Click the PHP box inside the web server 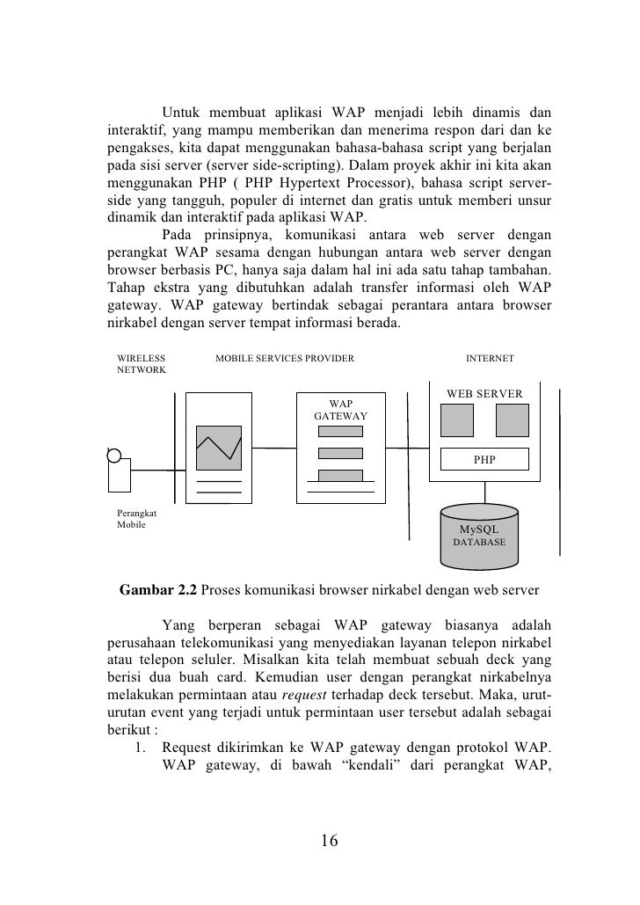[x=484, y=459]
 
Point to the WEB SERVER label [x=484, y=393]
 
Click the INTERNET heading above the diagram [x=490, y=358]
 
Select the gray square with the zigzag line [x=219, y=449]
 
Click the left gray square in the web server [x=456, y=420]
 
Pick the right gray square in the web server [x=512, y=420]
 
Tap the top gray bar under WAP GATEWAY [x=340, y=433]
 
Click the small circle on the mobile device [x=113, y=454]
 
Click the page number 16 [x=329, y=840]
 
